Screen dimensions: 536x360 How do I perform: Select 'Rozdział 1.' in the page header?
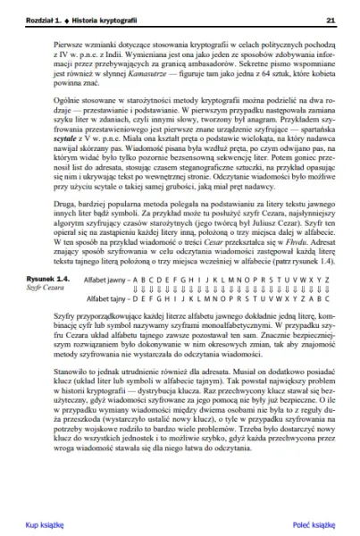coord(46,19)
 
